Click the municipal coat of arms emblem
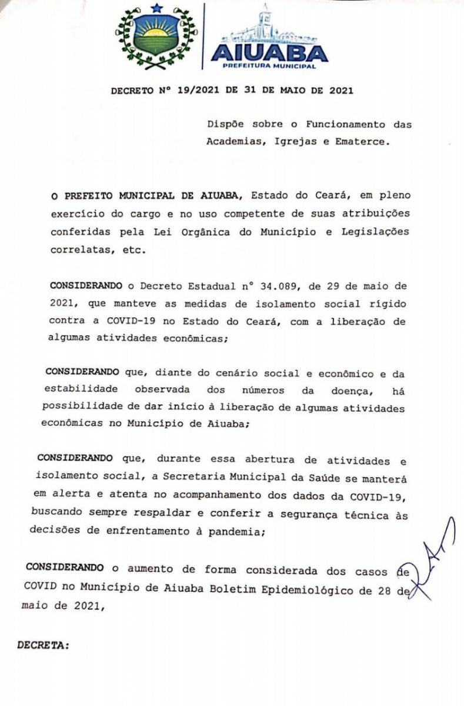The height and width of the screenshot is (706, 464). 156,36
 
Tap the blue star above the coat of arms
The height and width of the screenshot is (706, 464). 156,8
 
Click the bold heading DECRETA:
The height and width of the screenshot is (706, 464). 44,645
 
